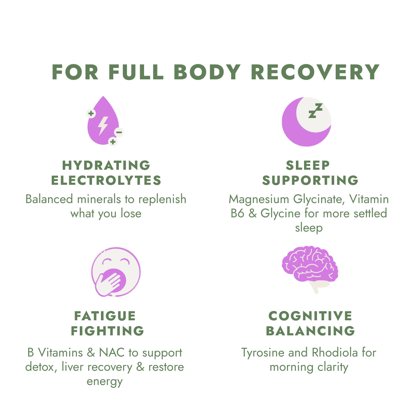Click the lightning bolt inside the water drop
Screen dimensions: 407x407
tap(103, 125)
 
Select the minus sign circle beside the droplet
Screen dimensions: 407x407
tap(119, 132)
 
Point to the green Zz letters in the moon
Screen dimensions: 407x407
tap(315, 111)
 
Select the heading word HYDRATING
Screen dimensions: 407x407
tap(106, 165)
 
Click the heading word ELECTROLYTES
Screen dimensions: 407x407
tap(106, 180)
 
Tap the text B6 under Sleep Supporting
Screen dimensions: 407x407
tap(237, 213)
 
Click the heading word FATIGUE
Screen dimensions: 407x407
tap(105, 316)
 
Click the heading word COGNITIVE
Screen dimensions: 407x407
tap(310, 316)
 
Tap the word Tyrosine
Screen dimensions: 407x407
tap(260, 353)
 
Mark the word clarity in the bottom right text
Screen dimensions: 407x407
tap(330, 367)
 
